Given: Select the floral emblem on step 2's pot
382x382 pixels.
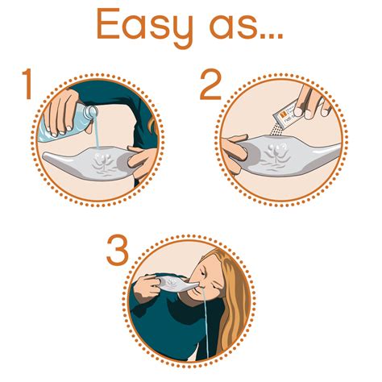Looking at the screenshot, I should (282, 154).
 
